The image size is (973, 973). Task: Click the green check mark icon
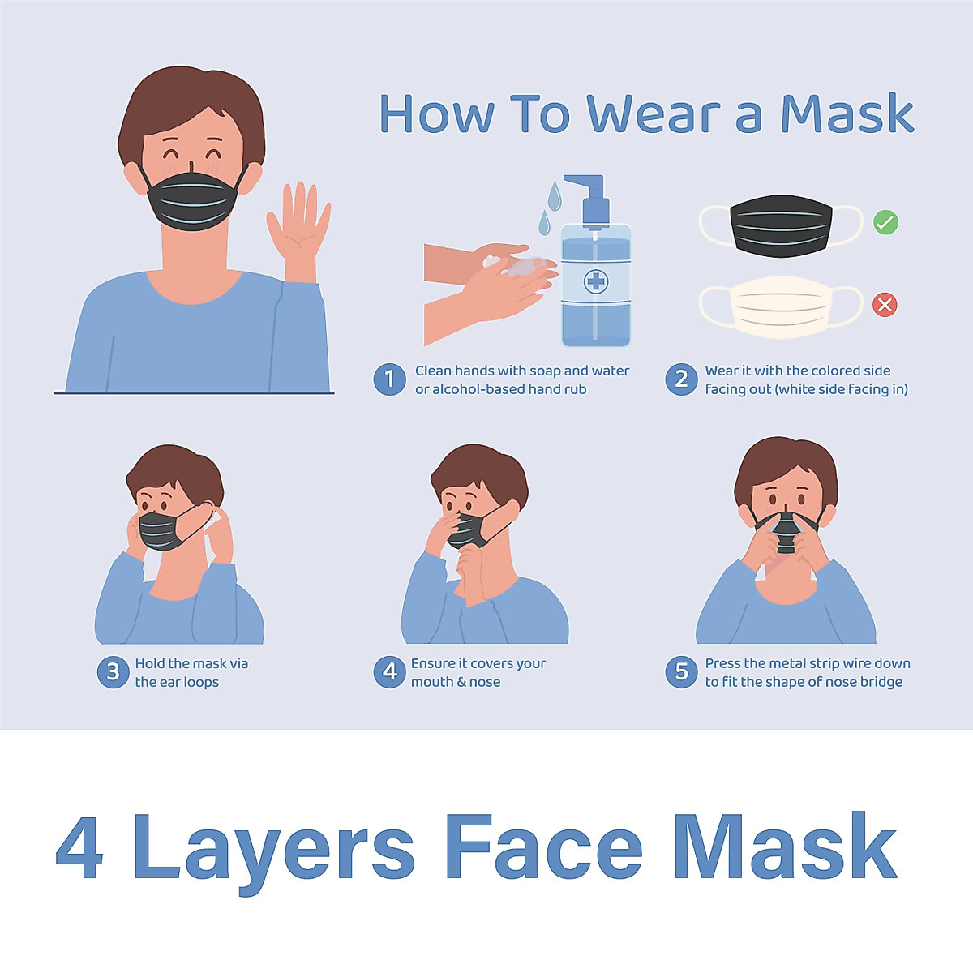(885, 221)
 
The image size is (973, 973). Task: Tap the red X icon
(885, 305)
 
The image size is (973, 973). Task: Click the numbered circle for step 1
(389, 379)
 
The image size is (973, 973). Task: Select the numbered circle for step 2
(681, 379)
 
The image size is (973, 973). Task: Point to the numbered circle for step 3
(113, 672)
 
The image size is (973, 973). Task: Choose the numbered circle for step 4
(389, 672)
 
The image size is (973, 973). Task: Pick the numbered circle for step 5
(681, 672)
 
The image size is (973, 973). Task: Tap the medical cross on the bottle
(596, 281)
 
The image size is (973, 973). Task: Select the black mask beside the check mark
(782, 225)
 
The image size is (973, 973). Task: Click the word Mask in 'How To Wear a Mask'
(847, 114)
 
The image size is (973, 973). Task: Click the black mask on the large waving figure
(193, 199)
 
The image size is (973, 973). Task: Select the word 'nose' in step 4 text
(484, 682)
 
